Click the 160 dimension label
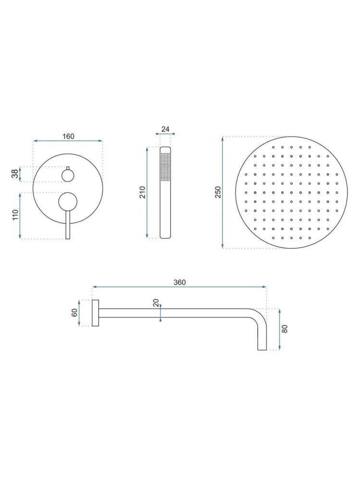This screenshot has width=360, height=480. point(68,136)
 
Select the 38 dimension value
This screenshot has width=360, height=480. point(15,174)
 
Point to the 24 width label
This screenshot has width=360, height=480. point(165,129)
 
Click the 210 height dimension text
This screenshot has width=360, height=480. point(142,192)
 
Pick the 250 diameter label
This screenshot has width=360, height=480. point(218,193)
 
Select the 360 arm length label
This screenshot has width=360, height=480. point(179,282)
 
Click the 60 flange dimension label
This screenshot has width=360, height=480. point(74,313)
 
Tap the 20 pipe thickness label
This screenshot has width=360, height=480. point(155,303)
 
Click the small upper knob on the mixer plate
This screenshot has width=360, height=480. point(68,175)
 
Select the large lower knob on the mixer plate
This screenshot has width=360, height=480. point(68,201)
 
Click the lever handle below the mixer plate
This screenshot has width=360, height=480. point(68,226)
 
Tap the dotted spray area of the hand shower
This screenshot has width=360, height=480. point(165,167)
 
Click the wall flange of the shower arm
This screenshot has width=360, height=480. point(95,313)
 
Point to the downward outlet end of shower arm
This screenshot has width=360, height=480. point(262,347)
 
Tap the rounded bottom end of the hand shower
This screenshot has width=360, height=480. point(165,235)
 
